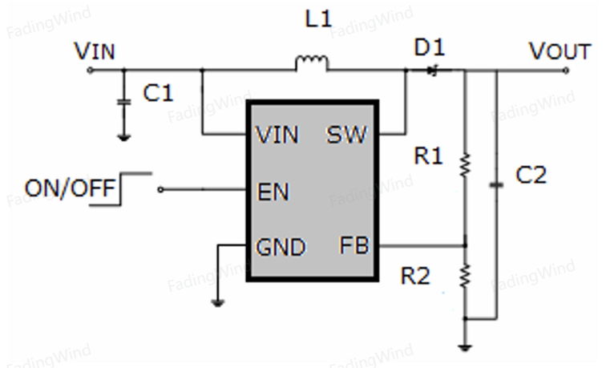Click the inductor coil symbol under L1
pos(312,63)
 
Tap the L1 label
pos(318,18)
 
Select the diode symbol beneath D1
pos(433,71)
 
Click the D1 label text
pos(430,47)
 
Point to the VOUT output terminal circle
pos(566,71)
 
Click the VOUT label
pos(560,51)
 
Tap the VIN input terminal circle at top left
pos(90,70)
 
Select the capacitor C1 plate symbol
pos(123,102)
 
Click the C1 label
pos(158,93)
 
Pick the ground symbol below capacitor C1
pos(123,137)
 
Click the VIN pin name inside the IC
pos(277,135)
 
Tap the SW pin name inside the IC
pos(346,135)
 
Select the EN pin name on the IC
pos(273,192)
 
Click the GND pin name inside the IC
pos(281,248)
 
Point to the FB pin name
pos(353,245)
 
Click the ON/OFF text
pos(70,188)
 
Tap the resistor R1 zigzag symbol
pos(465,164)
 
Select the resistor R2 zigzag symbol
pos(465,276)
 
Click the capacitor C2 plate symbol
pos(497,185)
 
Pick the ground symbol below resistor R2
pos(465,348)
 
